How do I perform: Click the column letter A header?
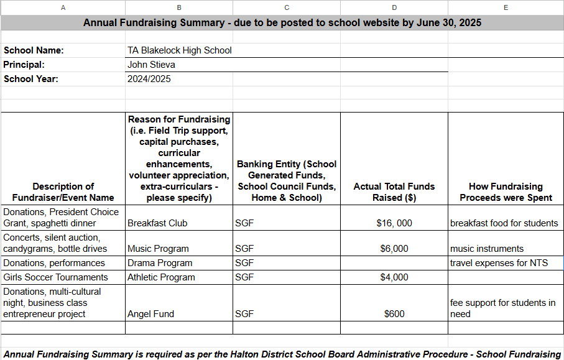(63, 7)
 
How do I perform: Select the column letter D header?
(394, 7)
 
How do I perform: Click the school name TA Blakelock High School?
(180, 50)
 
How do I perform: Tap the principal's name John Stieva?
(151, 65)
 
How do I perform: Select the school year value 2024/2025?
(149, 79)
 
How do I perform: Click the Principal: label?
(24, 65)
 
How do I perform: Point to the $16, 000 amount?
(394, 223)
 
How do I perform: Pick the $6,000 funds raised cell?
(394, 249)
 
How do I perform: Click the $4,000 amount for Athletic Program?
(394, 277)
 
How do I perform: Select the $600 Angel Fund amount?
(394, 314)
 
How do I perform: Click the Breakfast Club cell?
(157, 223)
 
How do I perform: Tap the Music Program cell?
(158, 249)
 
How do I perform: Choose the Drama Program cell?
(160, 263)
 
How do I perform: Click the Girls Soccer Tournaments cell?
(56, 277)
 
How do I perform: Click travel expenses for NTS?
(499, 263)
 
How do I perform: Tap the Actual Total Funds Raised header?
(394, 192)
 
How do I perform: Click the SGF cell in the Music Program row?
(244, 249)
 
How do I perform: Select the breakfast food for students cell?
(504, 223)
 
